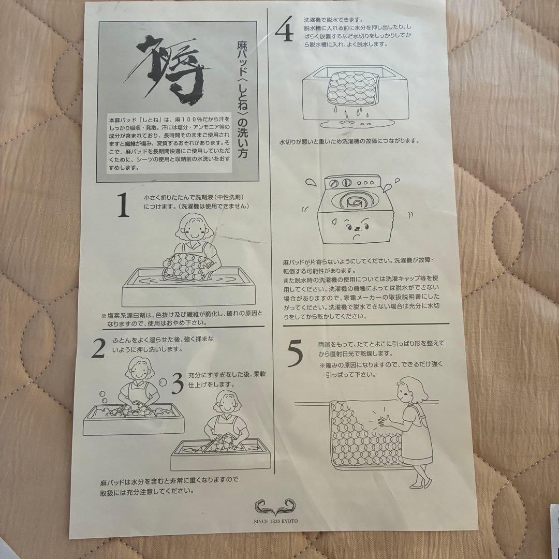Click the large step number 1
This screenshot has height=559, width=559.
click(x=123, y=206)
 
